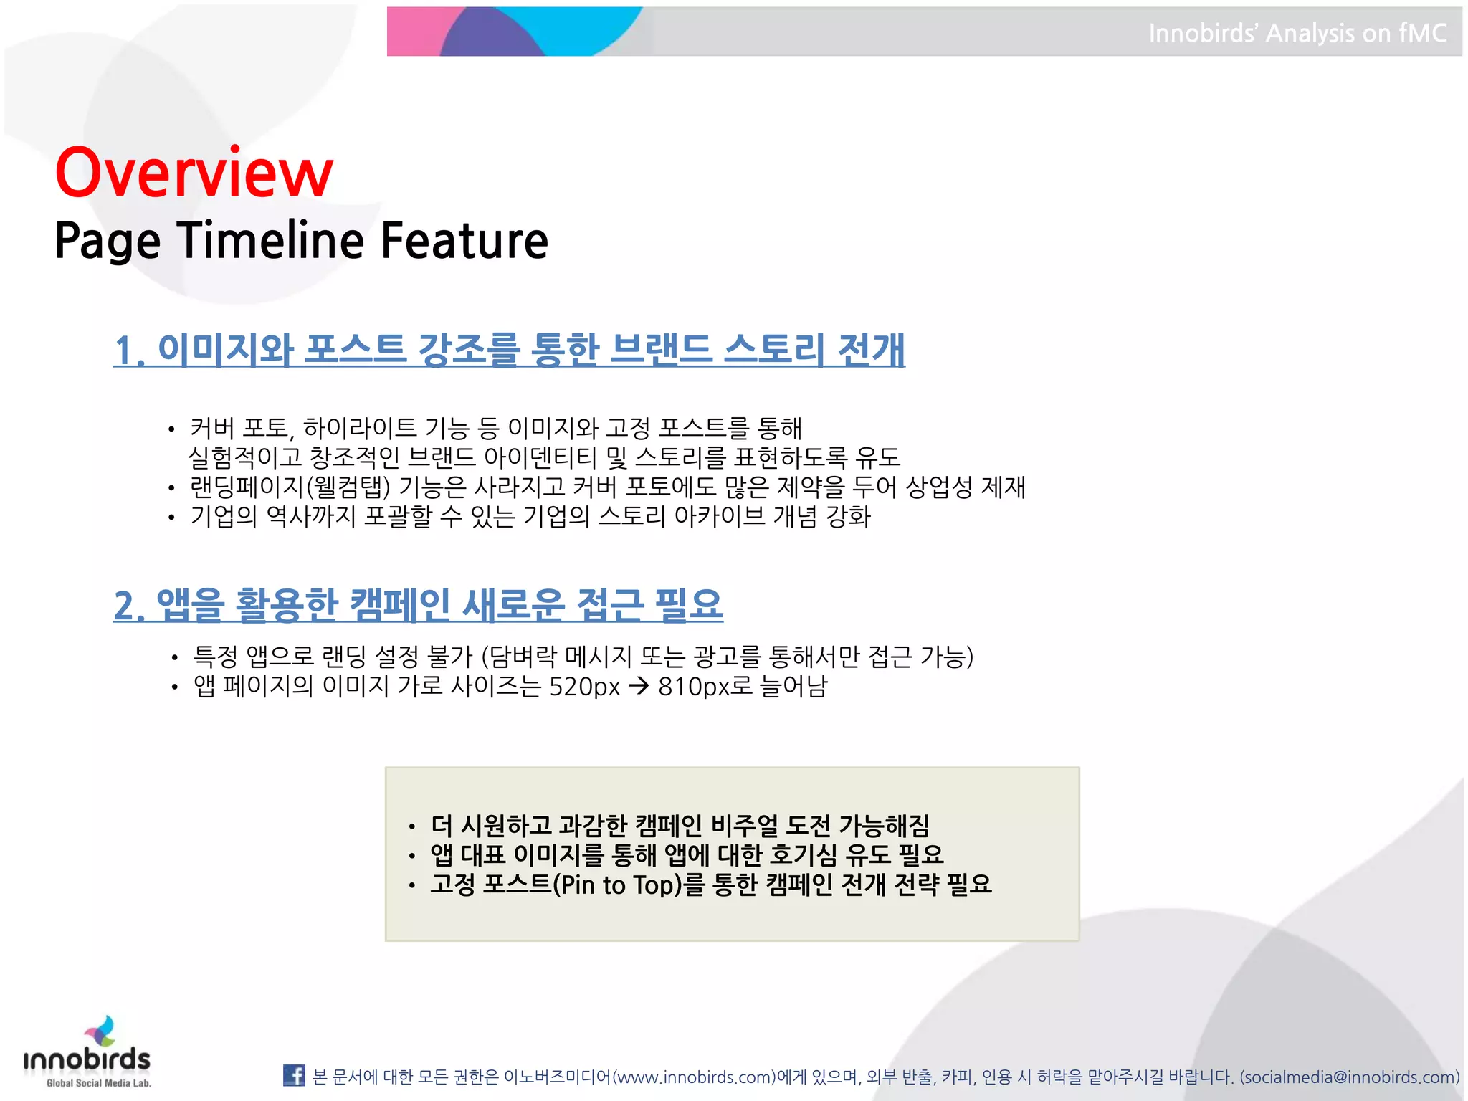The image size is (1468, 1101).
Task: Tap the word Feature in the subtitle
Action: [x=464, y=240]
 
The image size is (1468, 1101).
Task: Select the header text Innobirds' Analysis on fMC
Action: [x=1297, y=33]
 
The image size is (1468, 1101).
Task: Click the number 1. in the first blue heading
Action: [x=129, y=351]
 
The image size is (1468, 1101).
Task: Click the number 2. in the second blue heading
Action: [x=129, y=606]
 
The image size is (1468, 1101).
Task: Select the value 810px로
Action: [x=705, y=687]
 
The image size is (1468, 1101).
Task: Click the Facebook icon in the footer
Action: [x=294, y=1075]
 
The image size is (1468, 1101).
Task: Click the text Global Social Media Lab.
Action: [x=99, y=1083]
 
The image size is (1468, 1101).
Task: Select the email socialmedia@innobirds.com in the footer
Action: [x=1350, y=1077]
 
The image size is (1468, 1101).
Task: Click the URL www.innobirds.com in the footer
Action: [x=695, y=1077]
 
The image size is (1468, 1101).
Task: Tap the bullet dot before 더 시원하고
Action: [x=411, y=827]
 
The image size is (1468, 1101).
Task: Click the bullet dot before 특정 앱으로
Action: [x=174, y=657]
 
